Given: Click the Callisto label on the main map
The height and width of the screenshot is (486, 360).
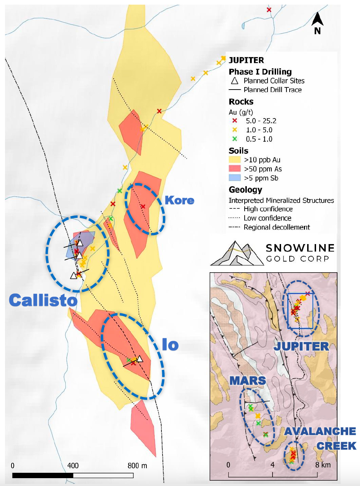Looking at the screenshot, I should (43, 300).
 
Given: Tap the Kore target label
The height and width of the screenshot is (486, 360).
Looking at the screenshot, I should (180, 200).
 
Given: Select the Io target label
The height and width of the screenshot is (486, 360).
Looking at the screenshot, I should (170, 345).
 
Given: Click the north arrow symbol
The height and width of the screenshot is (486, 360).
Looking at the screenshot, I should (317, 22).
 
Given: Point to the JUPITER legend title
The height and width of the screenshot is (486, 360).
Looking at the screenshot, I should (246, 60).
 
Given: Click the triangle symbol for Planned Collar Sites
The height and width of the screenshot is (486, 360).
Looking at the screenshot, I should (235, 81).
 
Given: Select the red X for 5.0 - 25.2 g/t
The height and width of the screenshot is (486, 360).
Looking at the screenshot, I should (235, 121).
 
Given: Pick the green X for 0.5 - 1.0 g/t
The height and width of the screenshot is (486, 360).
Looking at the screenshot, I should (235, 139).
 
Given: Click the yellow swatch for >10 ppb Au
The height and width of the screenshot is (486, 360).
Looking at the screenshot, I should (235, 160).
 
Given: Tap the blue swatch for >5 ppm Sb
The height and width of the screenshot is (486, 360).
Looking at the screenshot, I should (235, 178).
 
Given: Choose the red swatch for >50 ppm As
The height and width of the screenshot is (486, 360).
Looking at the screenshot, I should (235, 169).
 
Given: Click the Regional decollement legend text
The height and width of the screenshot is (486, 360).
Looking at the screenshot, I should (276, 227).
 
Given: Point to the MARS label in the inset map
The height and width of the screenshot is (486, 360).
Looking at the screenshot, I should (247, 381).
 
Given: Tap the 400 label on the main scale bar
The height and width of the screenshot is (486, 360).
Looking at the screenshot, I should (73, 466).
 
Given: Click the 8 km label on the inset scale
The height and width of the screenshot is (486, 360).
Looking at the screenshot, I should (323, 465).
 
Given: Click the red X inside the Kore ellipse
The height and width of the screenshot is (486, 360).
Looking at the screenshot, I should (143, 207).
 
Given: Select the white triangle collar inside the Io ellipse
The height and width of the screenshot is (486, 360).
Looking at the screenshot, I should (140, 359).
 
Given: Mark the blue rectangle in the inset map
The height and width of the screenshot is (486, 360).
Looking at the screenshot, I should (300, 311).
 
